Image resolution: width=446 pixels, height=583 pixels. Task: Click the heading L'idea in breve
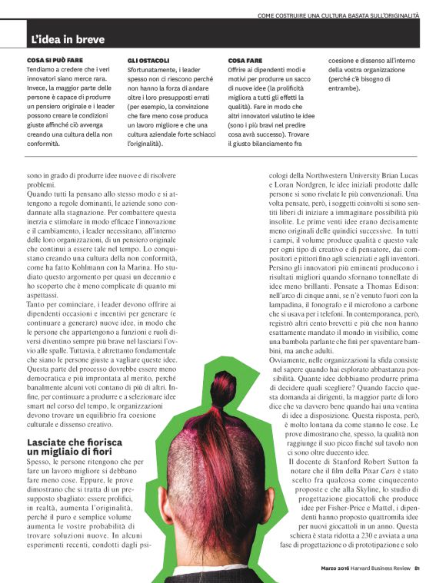click(68, 39)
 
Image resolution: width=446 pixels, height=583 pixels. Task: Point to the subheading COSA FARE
click(248, 59)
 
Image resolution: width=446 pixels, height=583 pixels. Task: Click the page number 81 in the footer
click(417, 569)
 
